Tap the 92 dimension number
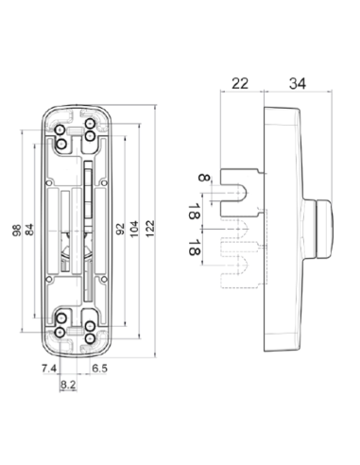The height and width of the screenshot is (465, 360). [x=120, y=230]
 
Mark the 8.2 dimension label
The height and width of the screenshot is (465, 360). [x=68, y=384]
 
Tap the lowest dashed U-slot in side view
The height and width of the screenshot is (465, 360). [x=241, y=266]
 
